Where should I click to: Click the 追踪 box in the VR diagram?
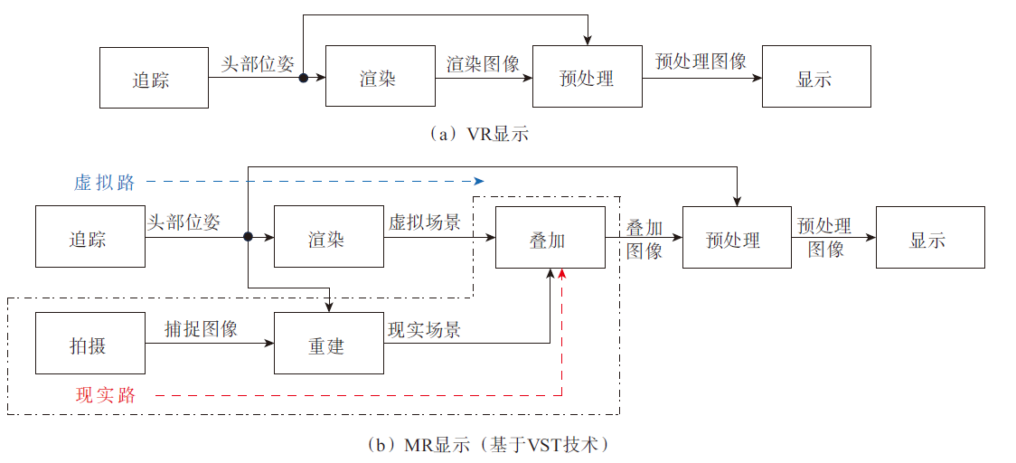tap(154, 79)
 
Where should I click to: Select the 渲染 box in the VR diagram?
tap(380, 79)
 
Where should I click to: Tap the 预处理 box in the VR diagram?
tap(588, 79)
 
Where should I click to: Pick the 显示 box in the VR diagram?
tap(816, 79)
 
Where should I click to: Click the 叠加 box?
tap(550, 238)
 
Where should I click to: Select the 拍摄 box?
tap(90, 344)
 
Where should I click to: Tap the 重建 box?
tap(329, 344)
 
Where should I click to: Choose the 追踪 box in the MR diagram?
tap(90, 238)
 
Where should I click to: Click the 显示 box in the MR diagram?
tap(930, 238)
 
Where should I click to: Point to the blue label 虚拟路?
tap(105, 182)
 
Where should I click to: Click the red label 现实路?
tap(105, 395)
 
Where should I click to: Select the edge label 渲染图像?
tap(483, 63)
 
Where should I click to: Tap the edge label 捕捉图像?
tap(201, 328)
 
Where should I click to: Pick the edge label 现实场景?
tap(424, 329)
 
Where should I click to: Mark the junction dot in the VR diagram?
tap(304, 79)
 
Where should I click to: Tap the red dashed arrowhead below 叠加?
tap(562, 273)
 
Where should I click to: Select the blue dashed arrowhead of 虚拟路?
tap(480, 181)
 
